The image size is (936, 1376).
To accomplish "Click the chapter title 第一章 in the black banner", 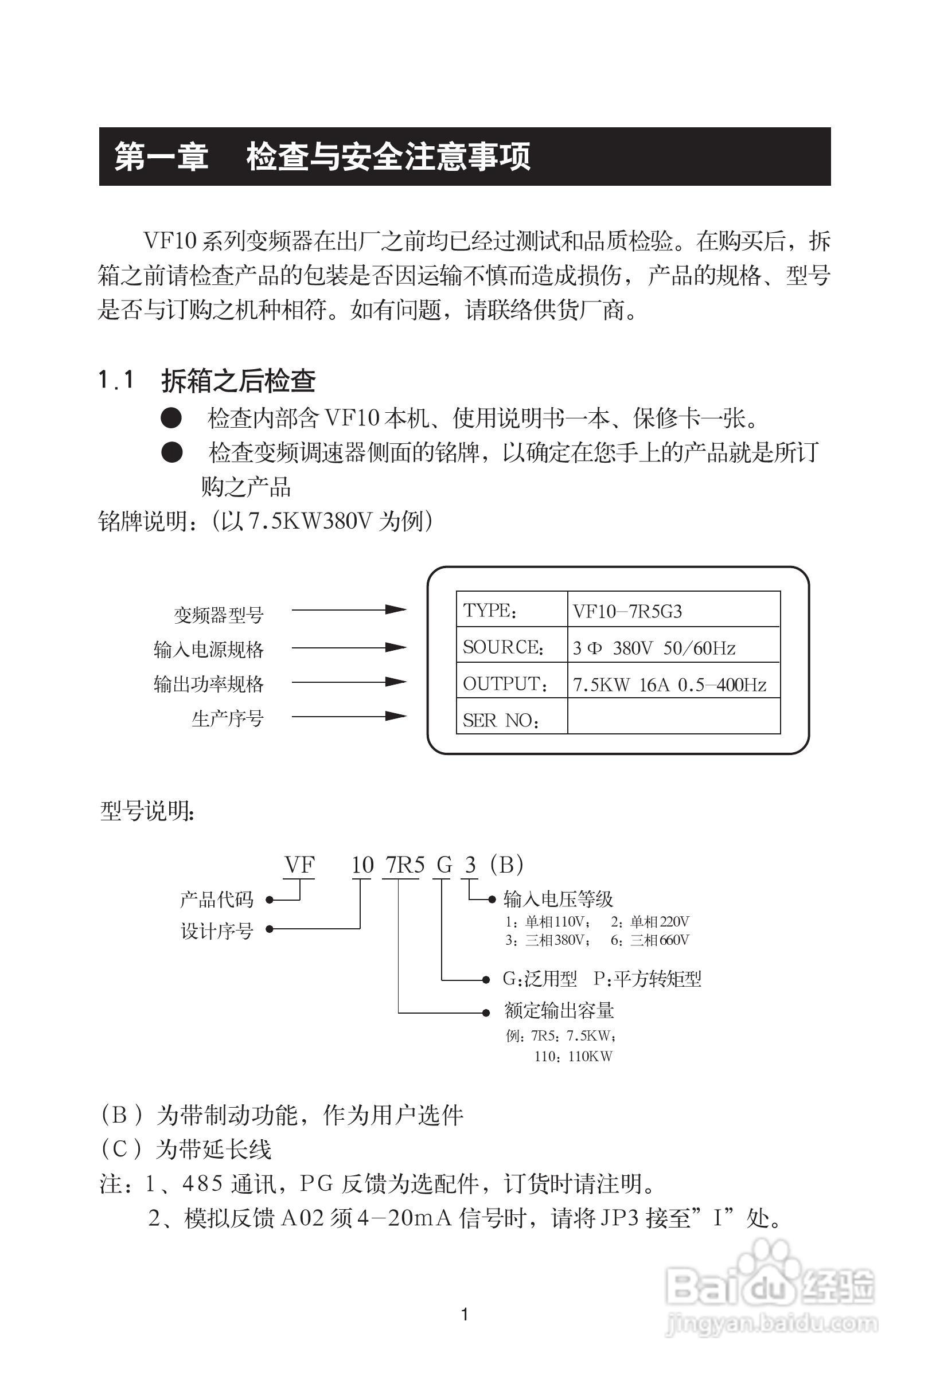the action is (x=161, y=157).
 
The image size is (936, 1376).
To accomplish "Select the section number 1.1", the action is (x=116, y=380).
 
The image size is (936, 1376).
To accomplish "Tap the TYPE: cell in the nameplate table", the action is (x=511, y=609).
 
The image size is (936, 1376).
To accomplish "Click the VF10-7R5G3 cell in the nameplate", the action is (x=673, y=611).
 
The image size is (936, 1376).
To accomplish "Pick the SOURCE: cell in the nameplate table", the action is (x=511, y=646).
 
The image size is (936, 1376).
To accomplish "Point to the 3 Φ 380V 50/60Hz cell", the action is (x=673, y=647).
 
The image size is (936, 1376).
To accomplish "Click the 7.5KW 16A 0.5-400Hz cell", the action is (x=673, y=684).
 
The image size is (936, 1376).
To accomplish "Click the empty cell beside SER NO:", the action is (x=673, y=717).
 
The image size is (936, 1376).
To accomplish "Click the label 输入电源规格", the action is (x=209, y=650).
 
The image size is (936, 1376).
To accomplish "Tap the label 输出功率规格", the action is (x=209, y=684).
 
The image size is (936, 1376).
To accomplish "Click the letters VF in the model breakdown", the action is (x=299, y=865).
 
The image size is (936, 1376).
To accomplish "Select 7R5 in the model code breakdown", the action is (x=405, y=865).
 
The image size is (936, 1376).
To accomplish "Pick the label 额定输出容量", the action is (x=559, y=1010).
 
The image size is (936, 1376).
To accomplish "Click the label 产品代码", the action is (x=217, y=900).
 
